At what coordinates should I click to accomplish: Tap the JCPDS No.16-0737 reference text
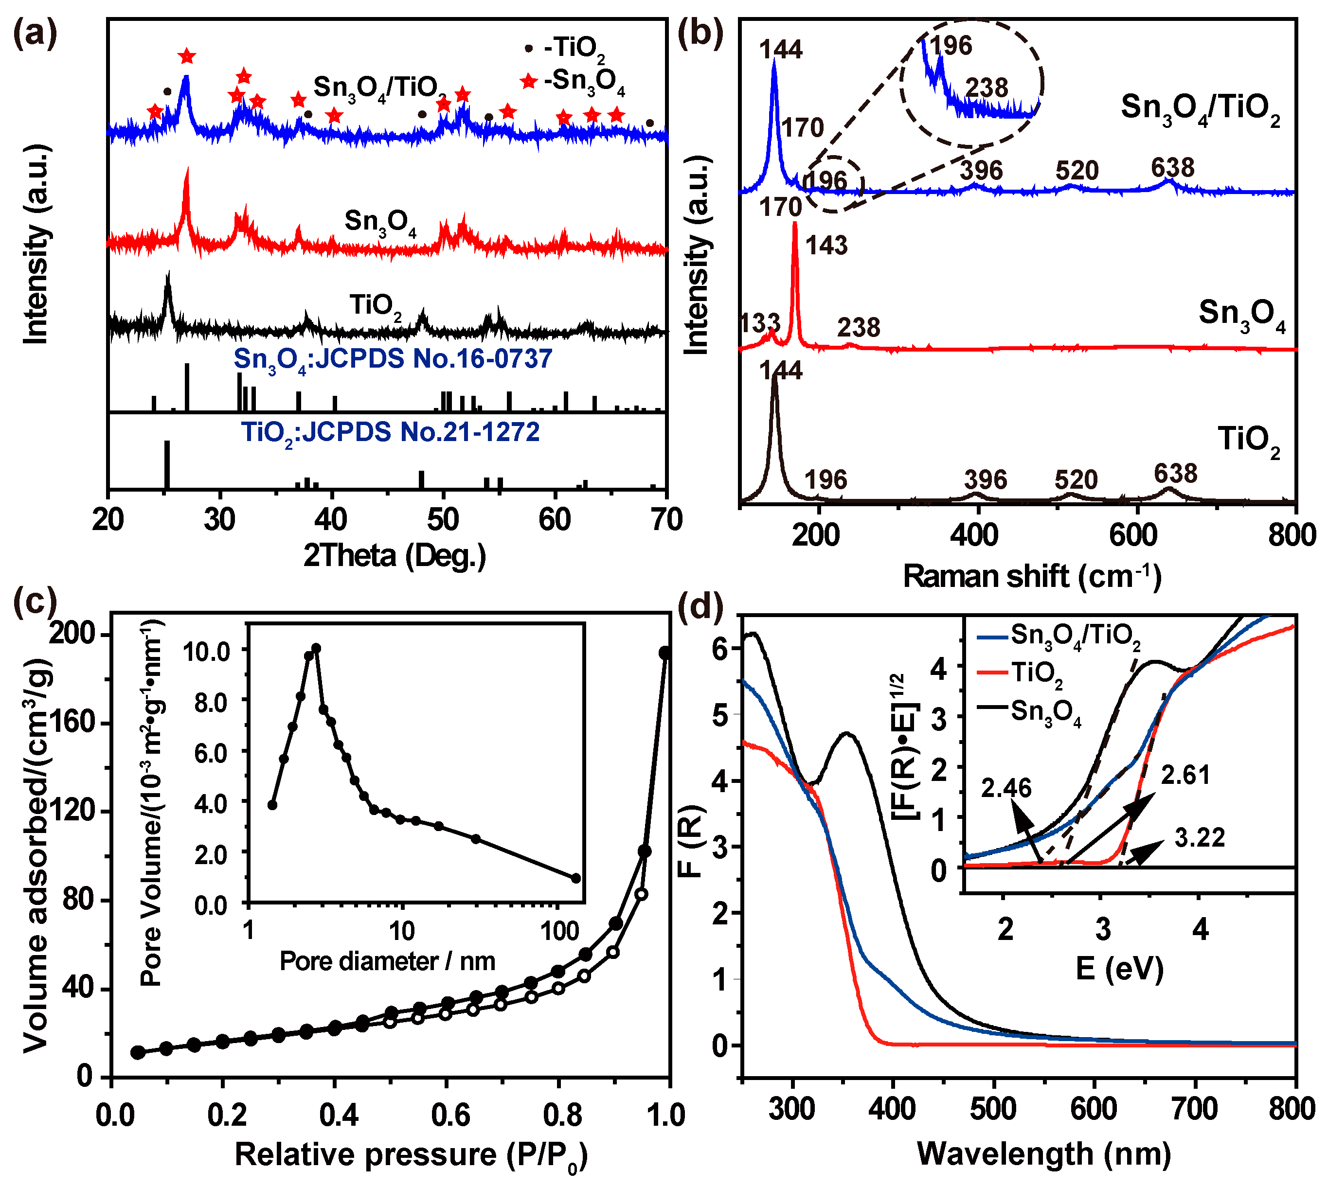point(393,359)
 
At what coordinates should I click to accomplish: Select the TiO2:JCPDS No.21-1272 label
point(390,432)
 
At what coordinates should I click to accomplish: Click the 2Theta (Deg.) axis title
point(395,556)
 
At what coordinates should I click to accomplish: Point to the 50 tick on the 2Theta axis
point(444,520)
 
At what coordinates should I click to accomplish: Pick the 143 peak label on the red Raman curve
point(826,245)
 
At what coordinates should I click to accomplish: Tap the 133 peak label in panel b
point(759,323)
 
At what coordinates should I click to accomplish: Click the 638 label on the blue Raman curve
point(1172,168)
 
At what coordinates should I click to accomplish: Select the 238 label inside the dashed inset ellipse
point(986,88)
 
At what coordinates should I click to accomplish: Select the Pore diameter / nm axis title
point(387,961)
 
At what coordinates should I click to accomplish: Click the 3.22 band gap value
point(1199,838)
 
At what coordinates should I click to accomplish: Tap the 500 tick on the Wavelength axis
point(993,1109)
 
